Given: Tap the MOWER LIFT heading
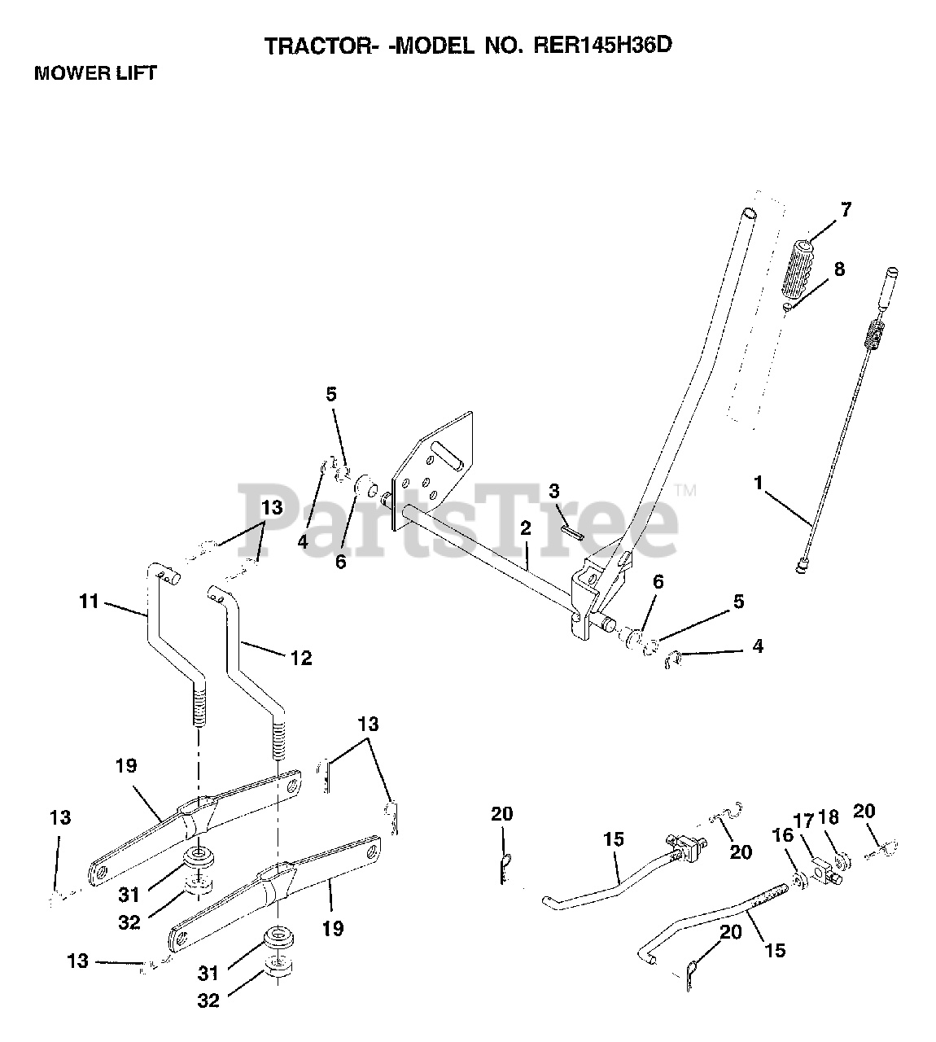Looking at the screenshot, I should click(x=95, y=73).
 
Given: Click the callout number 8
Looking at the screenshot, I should click(x=838, y=269).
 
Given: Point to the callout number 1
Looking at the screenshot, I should click(x=759, y=484).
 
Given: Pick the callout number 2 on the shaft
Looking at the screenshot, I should click(x=525, y=528).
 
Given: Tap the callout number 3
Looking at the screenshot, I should click(x=554, y=491).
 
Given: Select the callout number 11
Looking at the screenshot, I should click(x=89, y=602).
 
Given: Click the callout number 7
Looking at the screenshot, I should click(x=846, y=210).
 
